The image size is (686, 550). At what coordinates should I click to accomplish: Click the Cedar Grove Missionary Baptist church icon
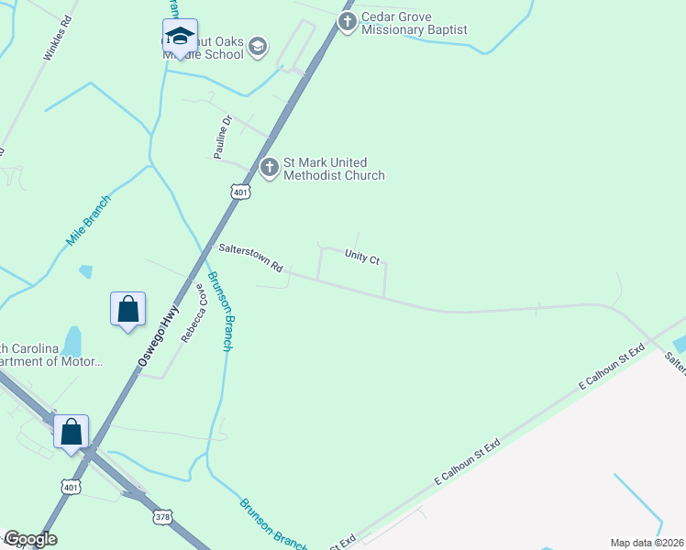tap(347, 21)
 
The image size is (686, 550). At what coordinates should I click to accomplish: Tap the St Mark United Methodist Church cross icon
tap(269, 168)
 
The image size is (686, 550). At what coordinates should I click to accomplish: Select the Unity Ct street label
tap(362, 257)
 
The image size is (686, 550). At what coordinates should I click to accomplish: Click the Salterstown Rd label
tap(249, 258)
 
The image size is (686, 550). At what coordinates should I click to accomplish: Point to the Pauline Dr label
tap(224, 137)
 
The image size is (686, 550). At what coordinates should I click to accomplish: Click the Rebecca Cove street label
tap(193, 313)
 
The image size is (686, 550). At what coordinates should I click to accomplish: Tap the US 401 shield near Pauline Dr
tap(239, 192)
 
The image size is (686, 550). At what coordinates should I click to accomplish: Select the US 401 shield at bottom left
tap(72, 486)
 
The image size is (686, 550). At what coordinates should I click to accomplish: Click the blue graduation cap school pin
tap(180, 38)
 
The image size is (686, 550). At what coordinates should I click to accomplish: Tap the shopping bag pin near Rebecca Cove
tap(128, 310)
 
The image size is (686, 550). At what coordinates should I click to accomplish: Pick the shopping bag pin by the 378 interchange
tap(72, 431)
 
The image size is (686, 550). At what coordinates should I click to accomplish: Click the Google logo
tap(30, 539)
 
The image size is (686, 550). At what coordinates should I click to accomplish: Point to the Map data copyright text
tap(647, 543)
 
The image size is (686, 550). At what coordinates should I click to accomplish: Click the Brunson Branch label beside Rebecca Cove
tap(220, 312)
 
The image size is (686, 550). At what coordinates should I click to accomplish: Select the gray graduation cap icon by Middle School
tap(259, 47)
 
